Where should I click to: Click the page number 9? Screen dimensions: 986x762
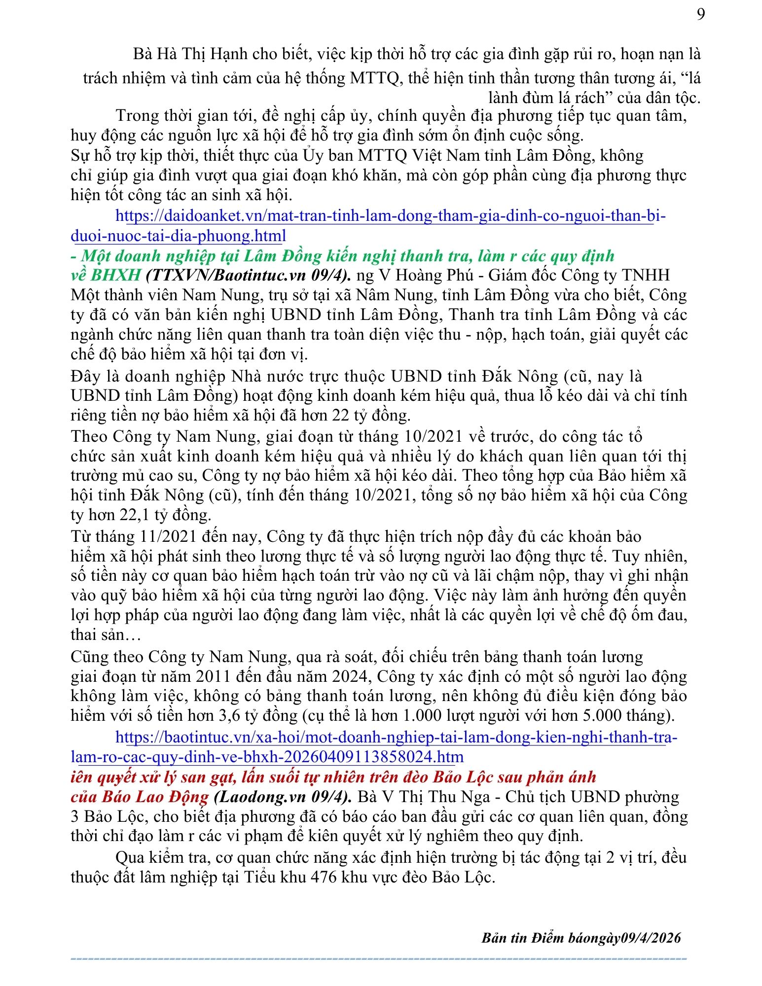(700, 15)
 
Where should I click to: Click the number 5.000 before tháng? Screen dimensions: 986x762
(580, 715)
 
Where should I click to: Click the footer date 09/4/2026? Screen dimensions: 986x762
(651, 938)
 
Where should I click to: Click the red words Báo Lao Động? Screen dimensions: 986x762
(155, 797)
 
